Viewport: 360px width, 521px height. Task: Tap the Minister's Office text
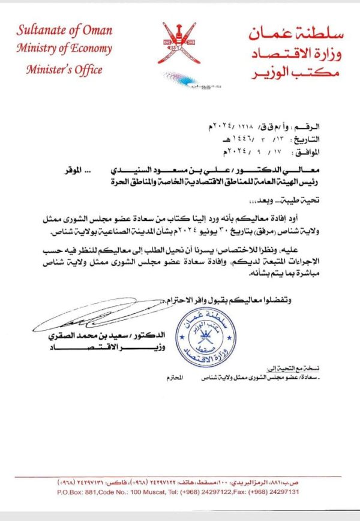(64, 69)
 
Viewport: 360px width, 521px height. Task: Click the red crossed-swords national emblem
(176, 43)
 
